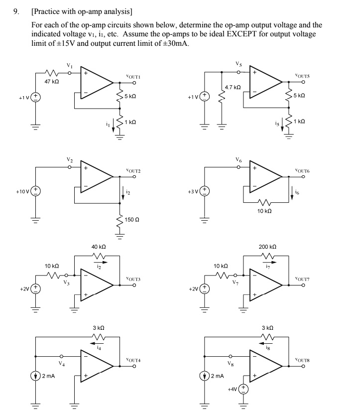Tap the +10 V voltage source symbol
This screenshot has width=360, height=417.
36,192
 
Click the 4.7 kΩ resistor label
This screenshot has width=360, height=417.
233,87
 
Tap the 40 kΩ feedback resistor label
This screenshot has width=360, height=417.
98,247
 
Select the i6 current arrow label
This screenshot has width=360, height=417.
297,191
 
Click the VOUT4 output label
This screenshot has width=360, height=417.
133,359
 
